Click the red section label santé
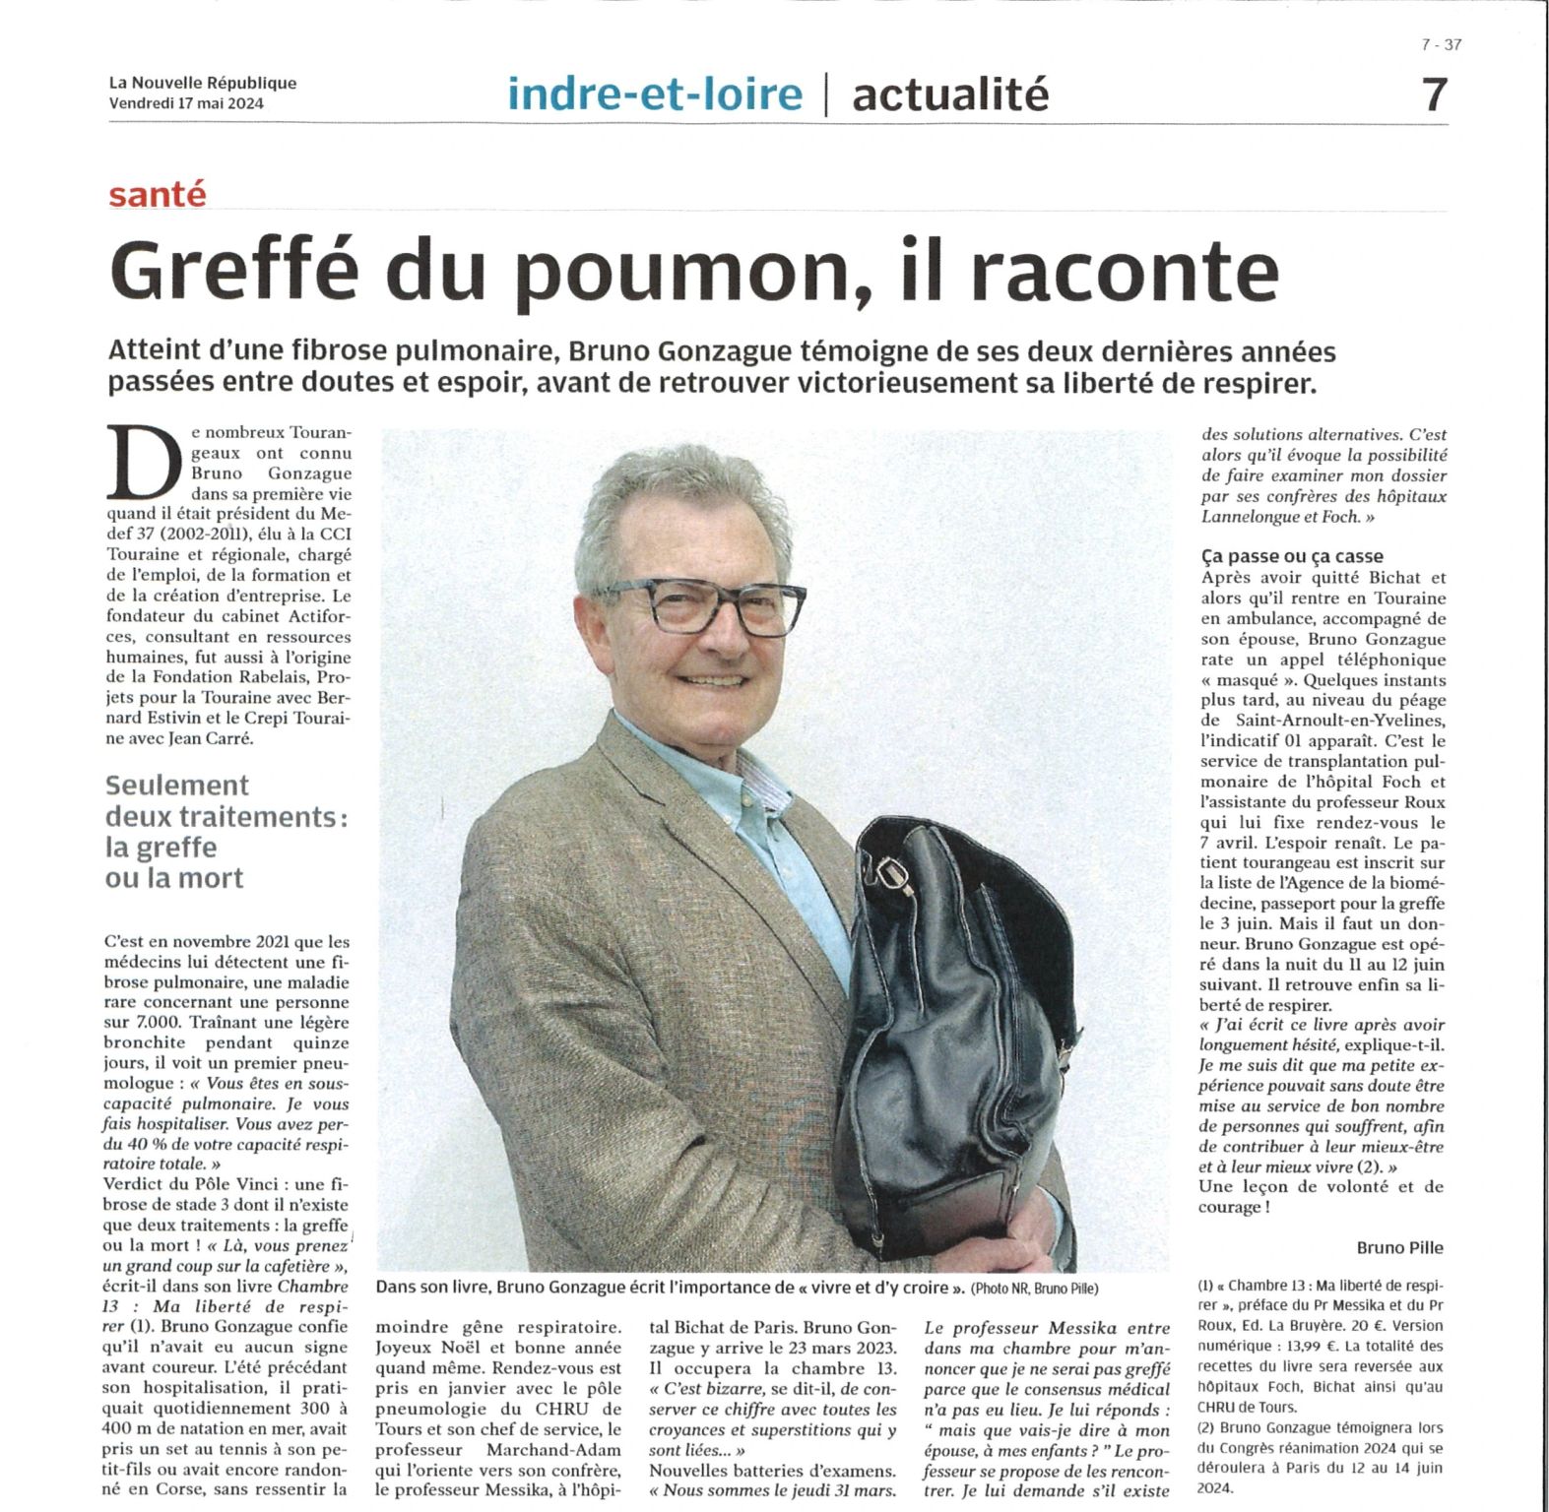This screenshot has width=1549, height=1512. pyautogui.click(x=158, y=194)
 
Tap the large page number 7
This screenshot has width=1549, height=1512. pyautogui.click(x=1435, y=95)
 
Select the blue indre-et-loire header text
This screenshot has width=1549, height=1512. pyautogui.click(x=655, y=94)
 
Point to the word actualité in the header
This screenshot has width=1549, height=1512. pyautogui.click(x=949, y=94)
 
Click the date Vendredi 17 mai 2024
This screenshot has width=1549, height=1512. pyautogui.click(x=186, y=102)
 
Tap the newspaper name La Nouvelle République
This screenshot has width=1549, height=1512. pyautogui.click(x=202, y=84)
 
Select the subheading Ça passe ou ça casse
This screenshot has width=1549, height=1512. pyautogui.click(x=1292, y=556)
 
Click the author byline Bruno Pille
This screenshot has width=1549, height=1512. pyautogui.click(x=1399, y=1247)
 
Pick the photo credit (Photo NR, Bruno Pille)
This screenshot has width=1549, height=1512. pyautogui.click(x=1034, y=1289)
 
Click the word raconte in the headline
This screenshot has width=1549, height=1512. pyautogui.click(x=1124, y=271)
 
